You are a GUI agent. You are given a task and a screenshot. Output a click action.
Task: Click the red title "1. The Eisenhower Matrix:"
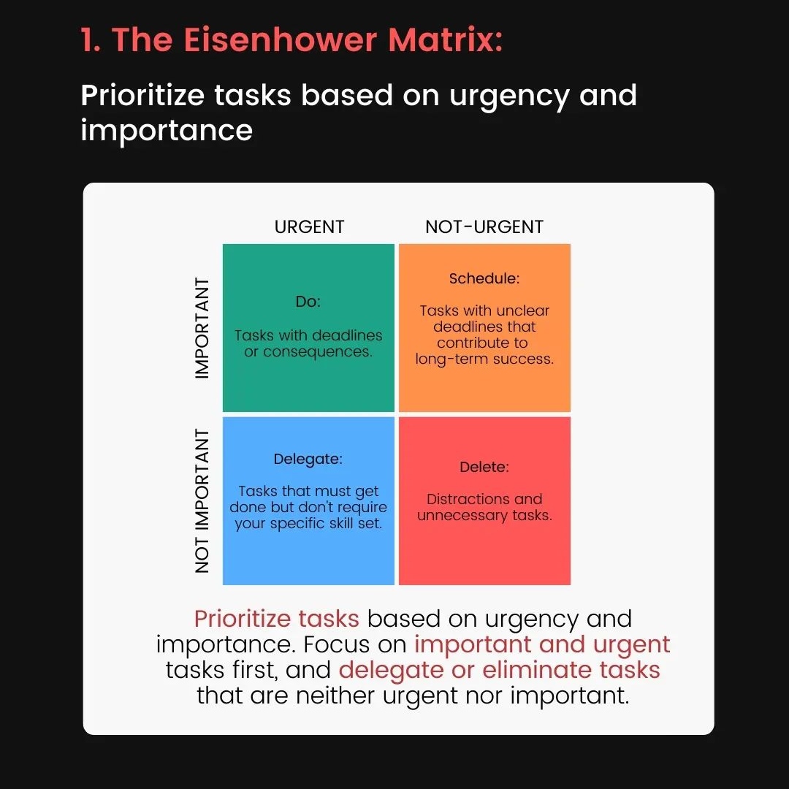click(291, 40)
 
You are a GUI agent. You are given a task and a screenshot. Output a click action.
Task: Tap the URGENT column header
click(309, 227)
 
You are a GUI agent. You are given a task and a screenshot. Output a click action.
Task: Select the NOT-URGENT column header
click(484, 227)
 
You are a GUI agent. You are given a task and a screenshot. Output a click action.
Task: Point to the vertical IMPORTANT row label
click(202, 328)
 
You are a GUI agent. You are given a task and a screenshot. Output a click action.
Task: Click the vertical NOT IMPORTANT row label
click(202, 500)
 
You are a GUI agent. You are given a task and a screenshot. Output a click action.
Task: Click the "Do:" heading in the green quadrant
click(308, 302)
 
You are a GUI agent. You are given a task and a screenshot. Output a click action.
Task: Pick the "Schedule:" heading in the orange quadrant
click(484, 278)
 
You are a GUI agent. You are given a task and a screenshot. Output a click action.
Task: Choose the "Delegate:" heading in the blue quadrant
click(308, 460)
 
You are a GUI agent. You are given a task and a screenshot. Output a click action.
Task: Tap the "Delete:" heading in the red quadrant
click(484, 467)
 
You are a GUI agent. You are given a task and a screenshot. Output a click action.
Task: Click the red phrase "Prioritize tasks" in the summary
click(277, 619)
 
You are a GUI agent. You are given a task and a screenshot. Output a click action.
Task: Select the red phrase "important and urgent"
click(541, 644)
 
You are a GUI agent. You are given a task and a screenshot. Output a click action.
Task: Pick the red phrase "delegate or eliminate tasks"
click(499, 670)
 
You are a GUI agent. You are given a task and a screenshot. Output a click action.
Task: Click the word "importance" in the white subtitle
click(167, 130)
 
